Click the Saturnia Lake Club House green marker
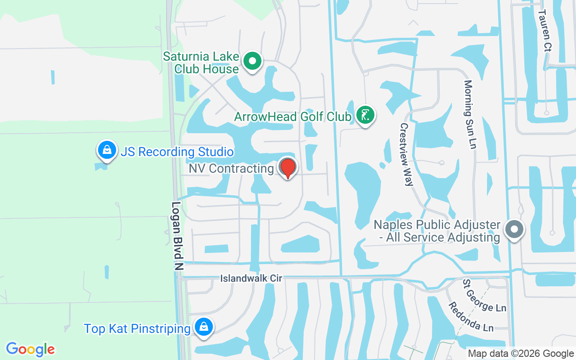click(x=252, y=61)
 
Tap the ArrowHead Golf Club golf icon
click(x=365, y=115)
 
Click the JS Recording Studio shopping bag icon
click(x=107, y=150)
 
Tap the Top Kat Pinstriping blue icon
click(x=204, y=327)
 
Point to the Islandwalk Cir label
click(x=251, y=279)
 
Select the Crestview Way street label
click(x=406, y=154)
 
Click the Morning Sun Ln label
click(x=471, y=115)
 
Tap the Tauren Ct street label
click(x=544, y=30)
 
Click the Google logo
click(x=31, y=349)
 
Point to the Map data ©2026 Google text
click(x=521, y=354)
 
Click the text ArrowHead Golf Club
click(x=292, y=117)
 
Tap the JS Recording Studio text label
click(x=177, y=152)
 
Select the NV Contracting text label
click(x=231, y=168)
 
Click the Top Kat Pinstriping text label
click(x=137, y=328)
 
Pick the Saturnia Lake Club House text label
click(x=201, y=63)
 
